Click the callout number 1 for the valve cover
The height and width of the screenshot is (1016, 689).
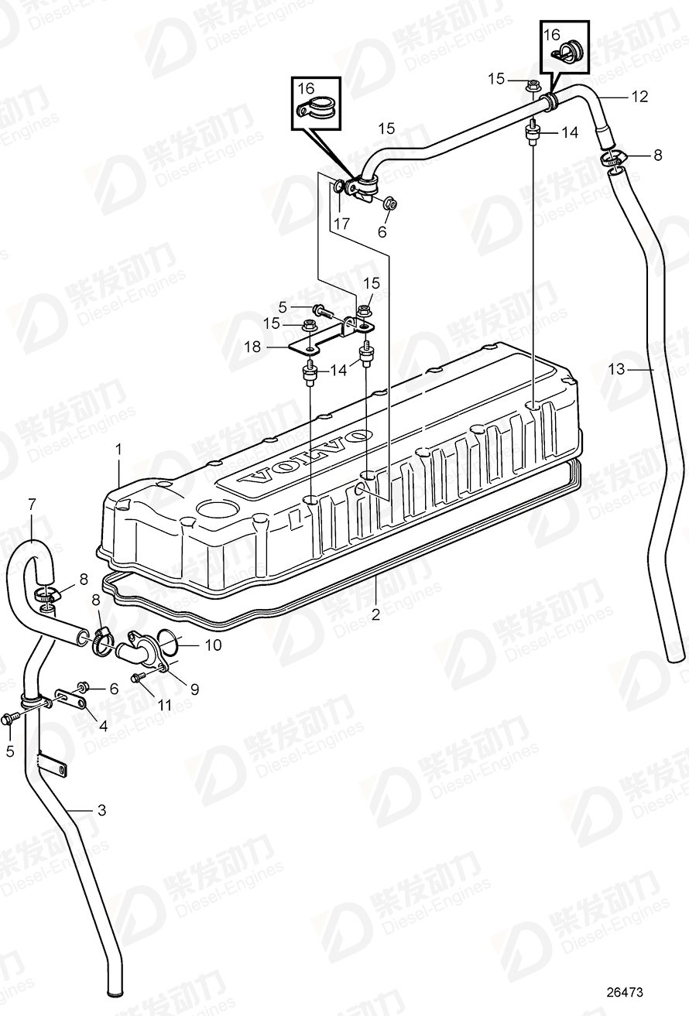pos(119,448)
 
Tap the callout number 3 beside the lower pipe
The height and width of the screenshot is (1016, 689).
pos(101,810)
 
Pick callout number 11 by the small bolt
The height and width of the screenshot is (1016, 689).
pos(163,706)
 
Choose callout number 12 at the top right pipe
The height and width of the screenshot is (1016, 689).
pos(639,97)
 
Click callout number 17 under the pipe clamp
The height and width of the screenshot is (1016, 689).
pos(341,223)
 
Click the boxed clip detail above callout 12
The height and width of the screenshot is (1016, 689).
pos(564,45)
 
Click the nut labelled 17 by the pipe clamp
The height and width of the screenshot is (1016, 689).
pos(341,186)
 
